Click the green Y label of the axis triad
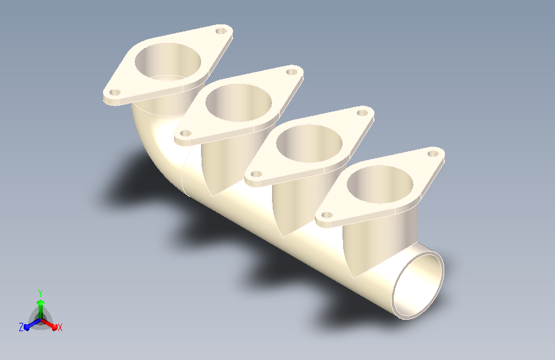pos(40,293)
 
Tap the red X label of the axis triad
pos(60,327)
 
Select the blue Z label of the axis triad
pos(21,327)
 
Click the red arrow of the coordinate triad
pos(49,324)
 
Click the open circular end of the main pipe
pos(418,285)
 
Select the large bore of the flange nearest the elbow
pos(168,61)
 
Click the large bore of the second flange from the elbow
pos(239,102)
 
